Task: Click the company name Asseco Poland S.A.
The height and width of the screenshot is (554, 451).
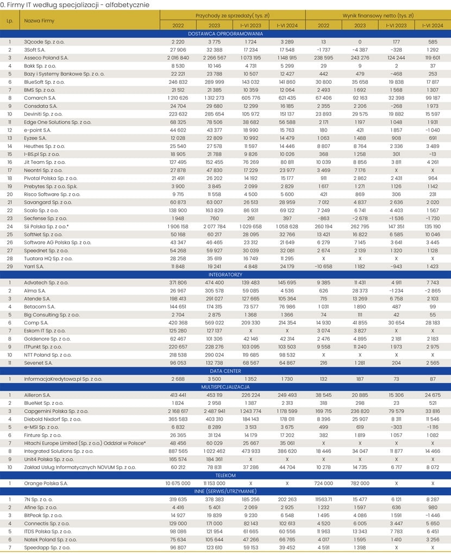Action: coord(46,57)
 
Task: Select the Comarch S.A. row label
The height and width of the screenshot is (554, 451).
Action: coord(39,97)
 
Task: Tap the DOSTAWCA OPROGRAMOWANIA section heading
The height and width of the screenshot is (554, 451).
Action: coord(225,33)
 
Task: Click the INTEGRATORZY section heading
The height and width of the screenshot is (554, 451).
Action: coord(225,275)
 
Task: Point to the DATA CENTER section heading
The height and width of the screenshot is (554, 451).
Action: coord(225,371)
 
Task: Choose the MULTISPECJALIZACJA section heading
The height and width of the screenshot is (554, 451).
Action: coord(225,387)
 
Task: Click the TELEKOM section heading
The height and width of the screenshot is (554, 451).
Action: coord(225,475)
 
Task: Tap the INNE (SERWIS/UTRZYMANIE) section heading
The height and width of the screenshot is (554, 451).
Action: coord(225,491)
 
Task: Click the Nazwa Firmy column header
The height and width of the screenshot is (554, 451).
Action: coord(39,21)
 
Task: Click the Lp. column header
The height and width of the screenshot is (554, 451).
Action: coord(10,21)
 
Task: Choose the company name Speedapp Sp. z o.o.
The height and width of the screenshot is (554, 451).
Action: coord(47,547)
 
